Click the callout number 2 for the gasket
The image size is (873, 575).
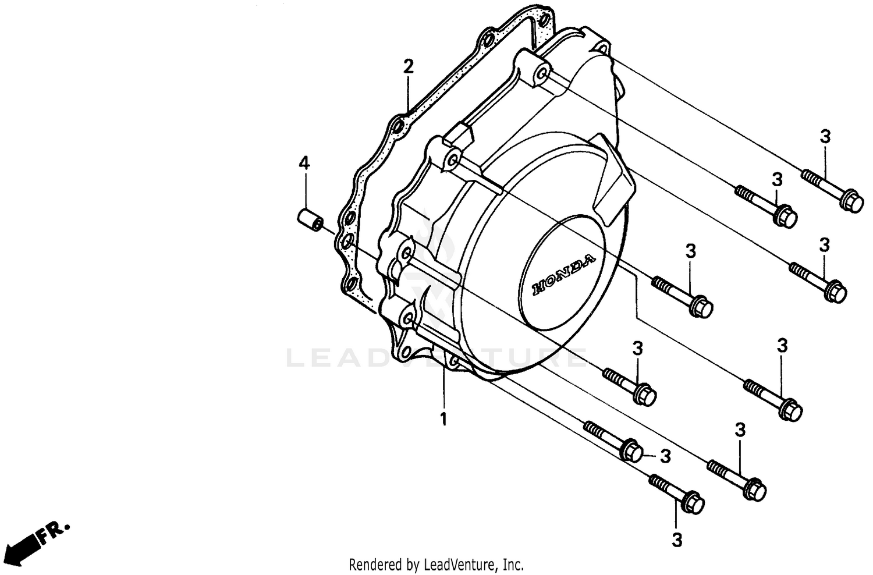tap(409, 66)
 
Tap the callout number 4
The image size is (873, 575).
tap(304, 164)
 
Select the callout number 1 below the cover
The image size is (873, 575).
tap(443, 419)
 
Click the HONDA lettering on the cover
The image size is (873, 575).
tap(563, 274)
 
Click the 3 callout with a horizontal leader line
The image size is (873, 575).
tap(665, 456)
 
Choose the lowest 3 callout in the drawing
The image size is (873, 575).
tap(676, 540)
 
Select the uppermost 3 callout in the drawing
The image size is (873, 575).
tap(825, 137)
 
